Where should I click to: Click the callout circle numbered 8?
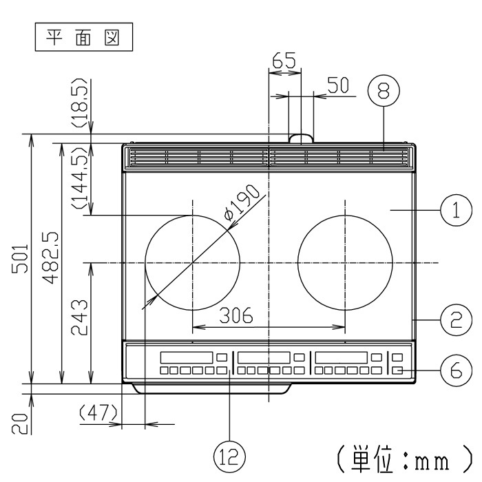384,91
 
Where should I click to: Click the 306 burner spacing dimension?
236,316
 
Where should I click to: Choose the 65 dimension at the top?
283,61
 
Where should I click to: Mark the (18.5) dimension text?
80,107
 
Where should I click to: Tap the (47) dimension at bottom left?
97,414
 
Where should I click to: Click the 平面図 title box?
83,37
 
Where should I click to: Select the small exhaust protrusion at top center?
300,138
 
